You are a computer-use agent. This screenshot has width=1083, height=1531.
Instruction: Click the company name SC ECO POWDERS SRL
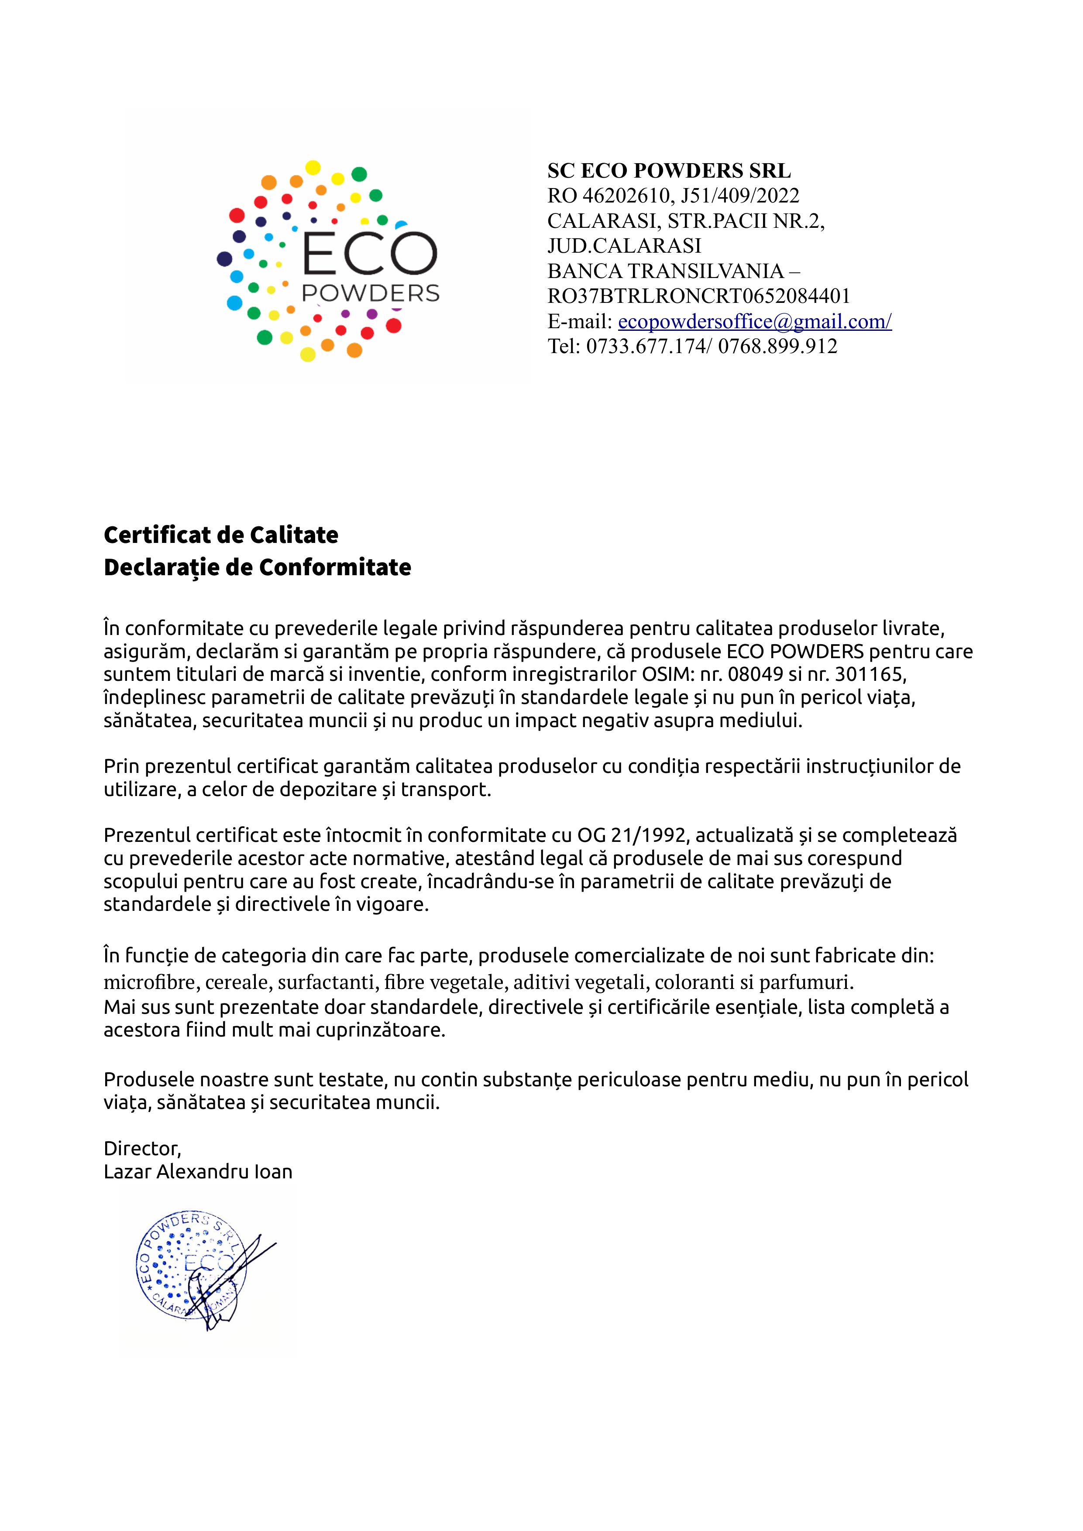click(x=669, y=171)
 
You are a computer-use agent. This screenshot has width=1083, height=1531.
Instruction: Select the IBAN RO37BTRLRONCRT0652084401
click(x=698, y=296)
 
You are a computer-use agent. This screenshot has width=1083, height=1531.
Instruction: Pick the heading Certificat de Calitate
click(x=221, y=534)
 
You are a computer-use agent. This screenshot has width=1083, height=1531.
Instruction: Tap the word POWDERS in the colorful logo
click(x=370, y=293)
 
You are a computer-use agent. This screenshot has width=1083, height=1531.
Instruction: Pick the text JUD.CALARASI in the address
click(x=624, y=246)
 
